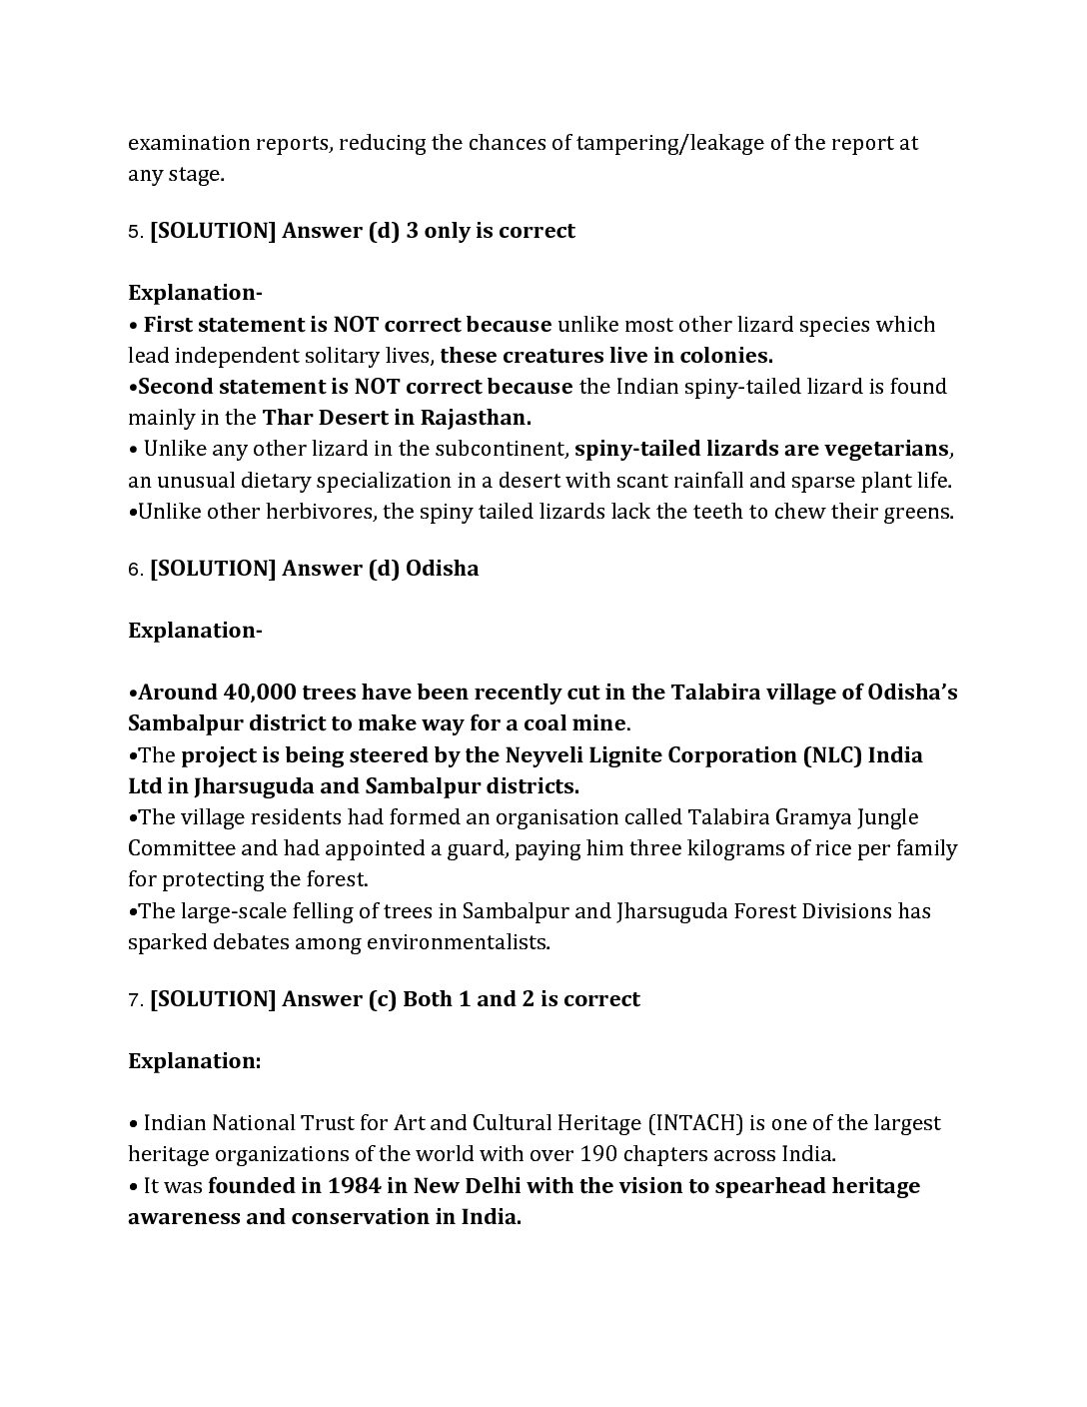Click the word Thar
(287, 418)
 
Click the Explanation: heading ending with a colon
(194, 1061)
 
